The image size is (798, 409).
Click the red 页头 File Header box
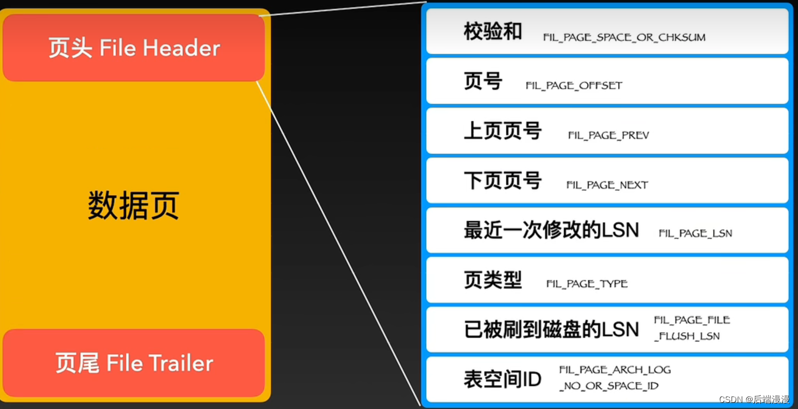134,48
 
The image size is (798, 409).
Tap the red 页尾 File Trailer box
134,363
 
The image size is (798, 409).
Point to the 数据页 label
133,205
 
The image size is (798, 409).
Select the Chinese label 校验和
492,32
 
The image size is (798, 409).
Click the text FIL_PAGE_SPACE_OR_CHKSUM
624,37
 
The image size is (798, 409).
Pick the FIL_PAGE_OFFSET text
574,86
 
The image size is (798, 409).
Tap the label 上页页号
502,131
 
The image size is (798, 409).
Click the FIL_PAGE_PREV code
608,136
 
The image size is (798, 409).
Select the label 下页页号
502,181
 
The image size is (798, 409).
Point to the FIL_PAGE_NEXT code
607,185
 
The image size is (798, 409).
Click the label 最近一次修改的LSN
551,230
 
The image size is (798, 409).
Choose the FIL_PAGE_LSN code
695,233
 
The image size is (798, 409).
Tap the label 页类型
492,280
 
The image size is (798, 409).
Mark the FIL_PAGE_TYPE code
587,284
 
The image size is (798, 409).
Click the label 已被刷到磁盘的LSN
551,329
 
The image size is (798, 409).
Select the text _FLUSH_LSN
686,336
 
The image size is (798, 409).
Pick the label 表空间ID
502,379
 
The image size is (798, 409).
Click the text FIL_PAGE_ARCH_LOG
615,370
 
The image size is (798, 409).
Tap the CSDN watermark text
754,399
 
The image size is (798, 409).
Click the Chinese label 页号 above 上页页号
482,82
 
